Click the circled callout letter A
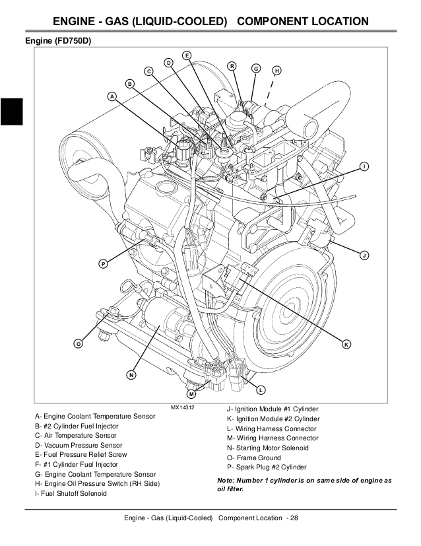coord(112,96)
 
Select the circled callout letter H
coord(276,71)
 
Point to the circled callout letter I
coord(364,166)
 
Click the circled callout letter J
coord(364,255)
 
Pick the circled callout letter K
coord(346,344)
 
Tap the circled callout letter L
coord(261,389)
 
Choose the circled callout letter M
coord(191,394)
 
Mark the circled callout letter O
coord(78,344)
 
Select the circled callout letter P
coord(103,264)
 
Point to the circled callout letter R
coord(232,65)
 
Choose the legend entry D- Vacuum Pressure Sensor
coord(82,446)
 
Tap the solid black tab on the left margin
coord(12,110)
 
